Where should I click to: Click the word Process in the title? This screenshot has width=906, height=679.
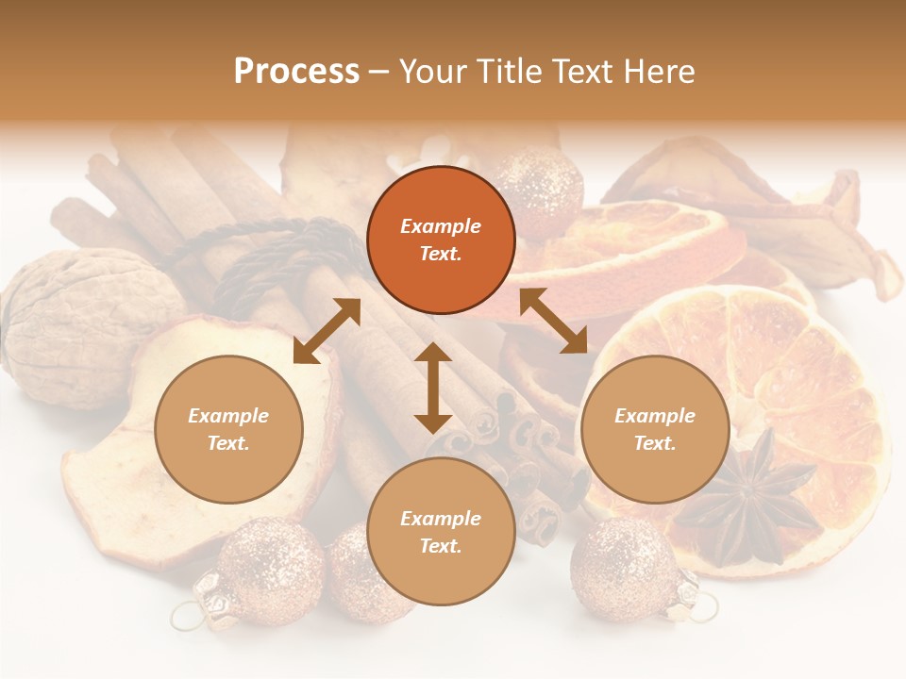click(296, 72)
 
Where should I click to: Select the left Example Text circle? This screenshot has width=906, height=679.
click(228, 429)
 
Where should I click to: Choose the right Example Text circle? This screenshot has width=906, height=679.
click(655, 429)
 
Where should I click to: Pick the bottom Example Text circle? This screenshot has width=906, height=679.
click(441, 532)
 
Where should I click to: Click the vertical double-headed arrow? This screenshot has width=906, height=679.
click(433, 388)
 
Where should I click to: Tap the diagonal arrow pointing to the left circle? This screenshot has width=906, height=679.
click(327, 331)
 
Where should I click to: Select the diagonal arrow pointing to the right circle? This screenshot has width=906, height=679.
click(553, 321)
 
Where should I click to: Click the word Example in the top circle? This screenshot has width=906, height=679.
click(441, 226)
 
